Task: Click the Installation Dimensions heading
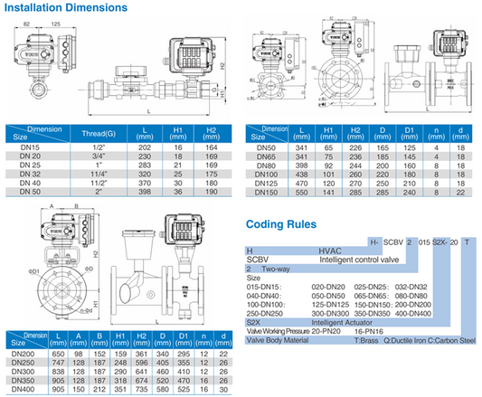click(x=64, y=8)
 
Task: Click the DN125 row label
click(x=268, y=183)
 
